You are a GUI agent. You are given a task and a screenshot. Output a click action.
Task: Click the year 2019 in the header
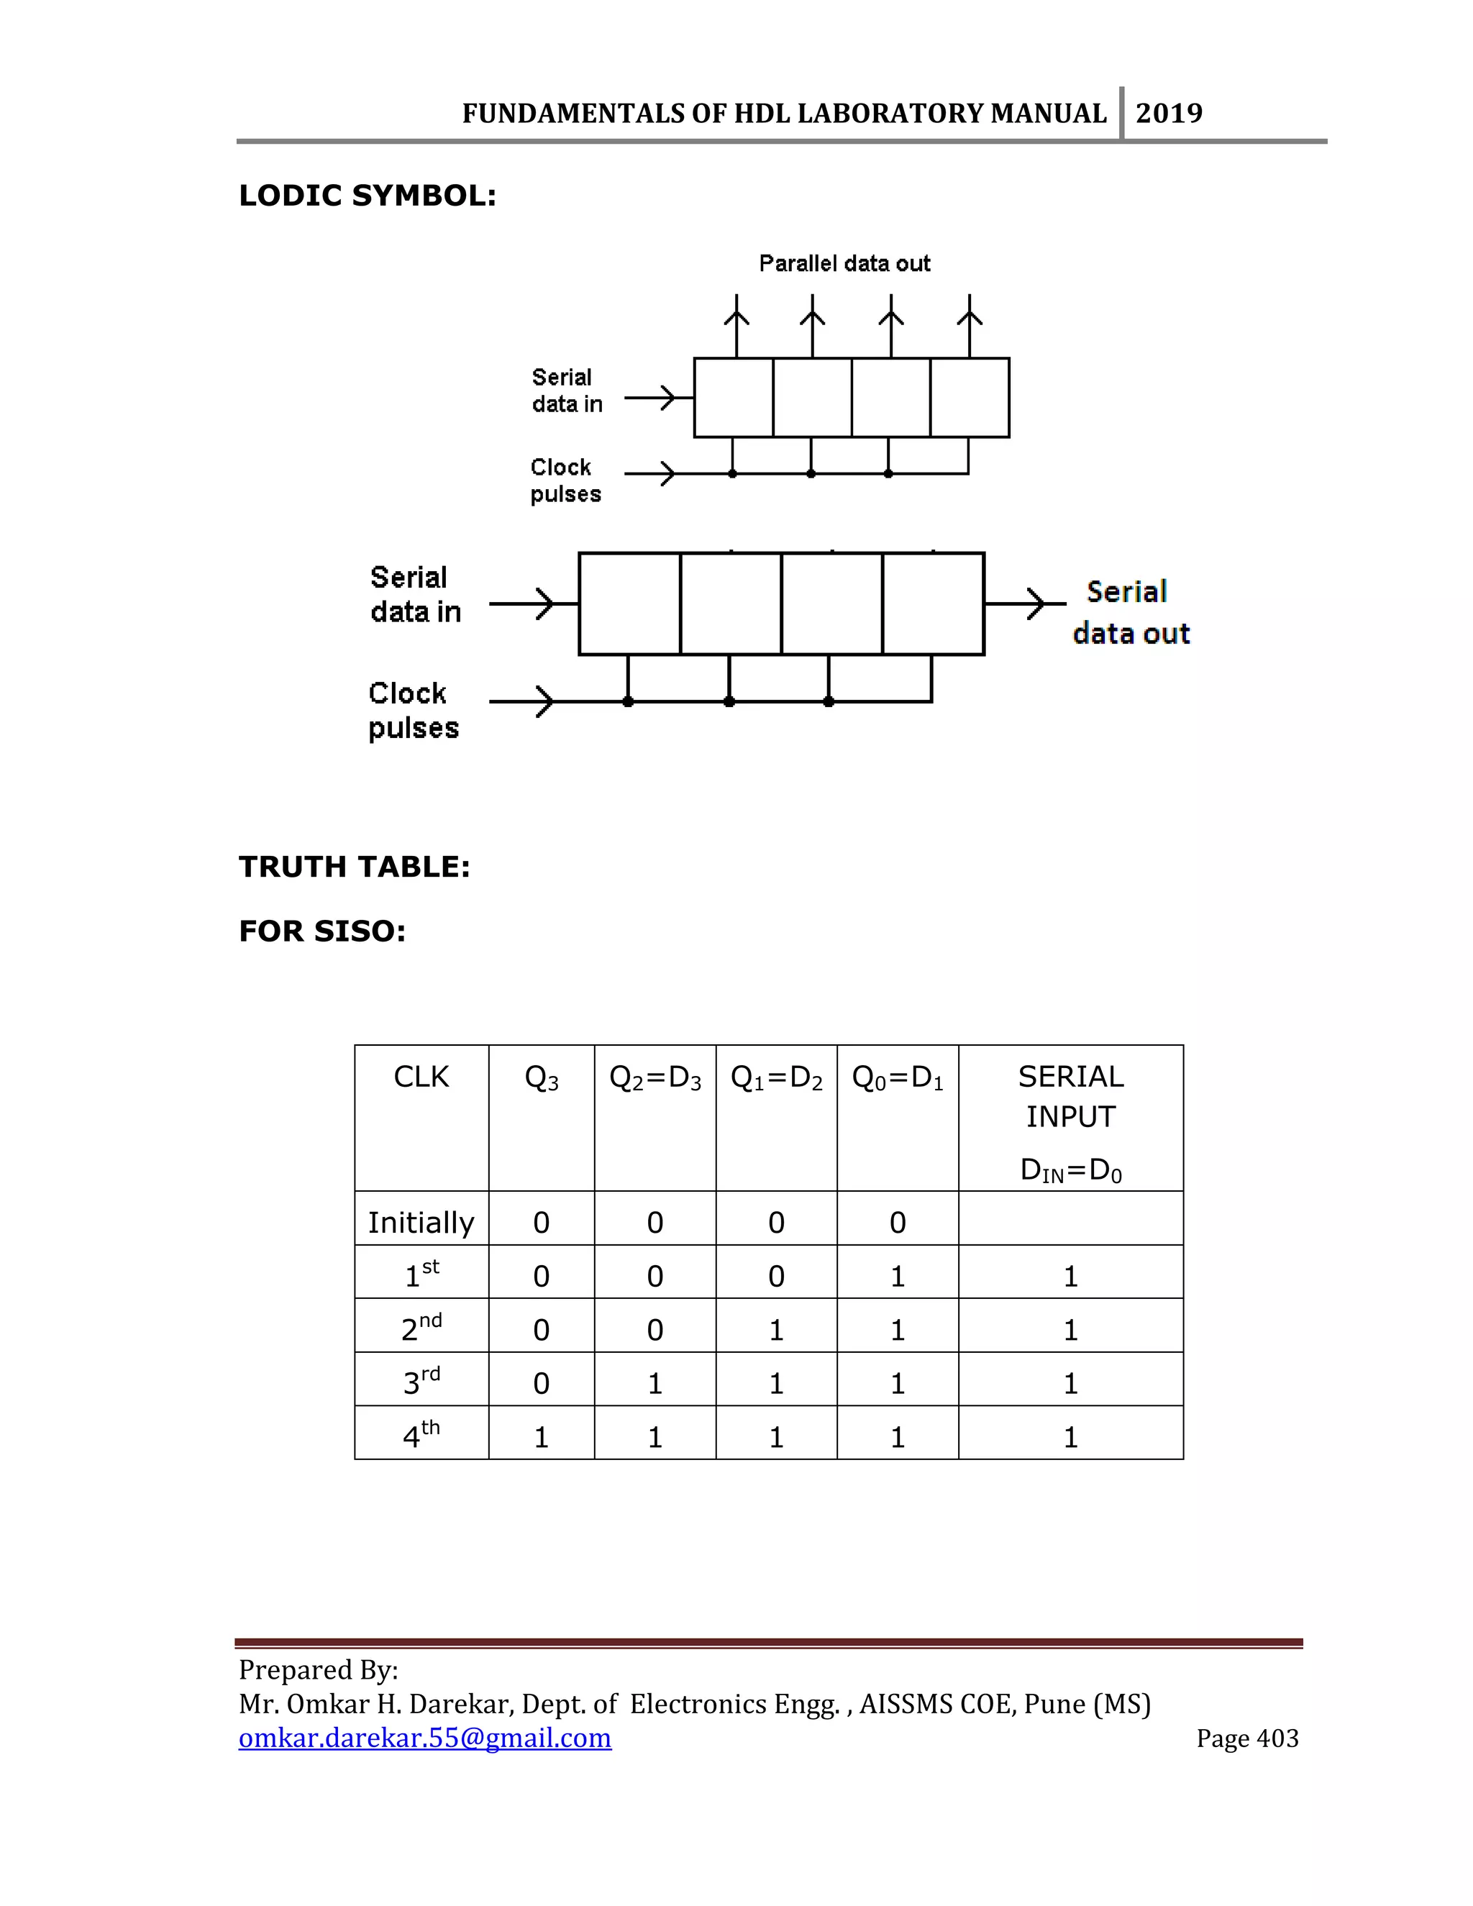pos(1169,114)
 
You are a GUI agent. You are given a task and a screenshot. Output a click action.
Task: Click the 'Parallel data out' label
pos(844,263)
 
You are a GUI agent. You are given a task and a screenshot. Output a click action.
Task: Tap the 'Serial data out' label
pos(1130,613)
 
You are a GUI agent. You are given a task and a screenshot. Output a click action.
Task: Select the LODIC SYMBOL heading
pos(368,196)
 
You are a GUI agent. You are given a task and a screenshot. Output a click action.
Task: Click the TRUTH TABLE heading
pos(355,867)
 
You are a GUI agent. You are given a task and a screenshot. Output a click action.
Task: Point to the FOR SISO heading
pos(322,931)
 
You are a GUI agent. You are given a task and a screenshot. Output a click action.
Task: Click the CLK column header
pos(421,1077)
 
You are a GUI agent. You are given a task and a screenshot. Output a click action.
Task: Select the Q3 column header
pos(541,1079)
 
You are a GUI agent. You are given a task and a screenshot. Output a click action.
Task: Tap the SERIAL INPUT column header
pos(1071,1096)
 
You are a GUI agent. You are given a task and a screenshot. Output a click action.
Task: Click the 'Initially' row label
pos(421,1222)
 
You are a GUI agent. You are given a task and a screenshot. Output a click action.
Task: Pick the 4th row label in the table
pos(421,1436)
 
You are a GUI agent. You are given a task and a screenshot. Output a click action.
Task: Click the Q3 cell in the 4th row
pos(541,1437)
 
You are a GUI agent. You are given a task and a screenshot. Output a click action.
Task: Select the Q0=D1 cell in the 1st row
pos(897,1277)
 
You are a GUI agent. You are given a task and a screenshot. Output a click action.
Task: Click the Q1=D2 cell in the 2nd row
pos(776,1330)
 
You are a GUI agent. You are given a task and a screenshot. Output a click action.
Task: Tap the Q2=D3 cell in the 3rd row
pos(655,1384)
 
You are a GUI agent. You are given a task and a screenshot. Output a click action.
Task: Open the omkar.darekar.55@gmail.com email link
pos(425,1738)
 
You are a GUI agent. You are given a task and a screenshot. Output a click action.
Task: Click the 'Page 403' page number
pos(1247,1738)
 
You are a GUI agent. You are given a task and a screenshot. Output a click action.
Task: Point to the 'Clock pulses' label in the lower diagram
pos(413,711)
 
